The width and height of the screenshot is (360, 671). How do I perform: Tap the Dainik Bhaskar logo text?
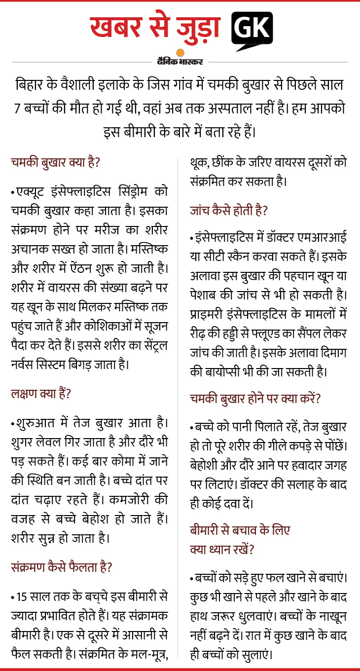pos(180,62)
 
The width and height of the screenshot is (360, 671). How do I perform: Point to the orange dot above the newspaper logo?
pos(180,53)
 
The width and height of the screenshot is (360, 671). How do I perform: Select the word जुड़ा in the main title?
pos(197,28)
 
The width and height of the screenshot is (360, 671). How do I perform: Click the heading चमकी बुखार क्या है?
pos(56,162)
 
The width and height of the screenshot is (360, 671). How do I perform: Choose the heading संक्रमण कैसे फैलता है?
pos(61,567)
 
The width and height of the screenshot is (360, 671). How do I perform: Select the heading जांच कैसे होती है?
pos(229,211)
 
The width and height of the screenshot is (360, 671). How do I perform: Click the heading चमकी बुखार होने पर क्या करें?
pos(255,398)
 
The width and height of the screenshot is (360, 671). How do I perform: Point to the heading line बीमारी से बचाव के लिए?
pos(240,530)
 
